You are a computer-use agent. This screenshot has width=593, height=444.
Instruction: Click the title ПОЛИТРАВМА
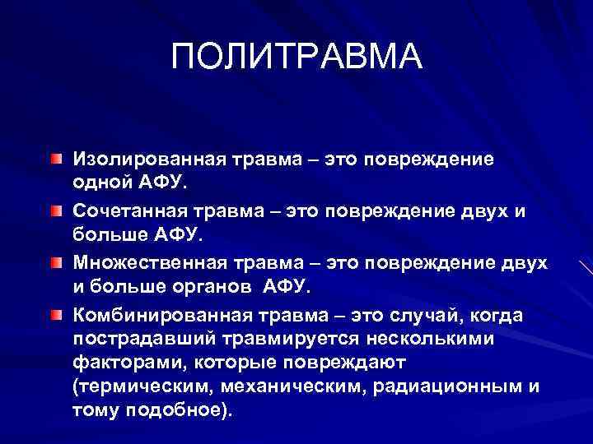[296, 57]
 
